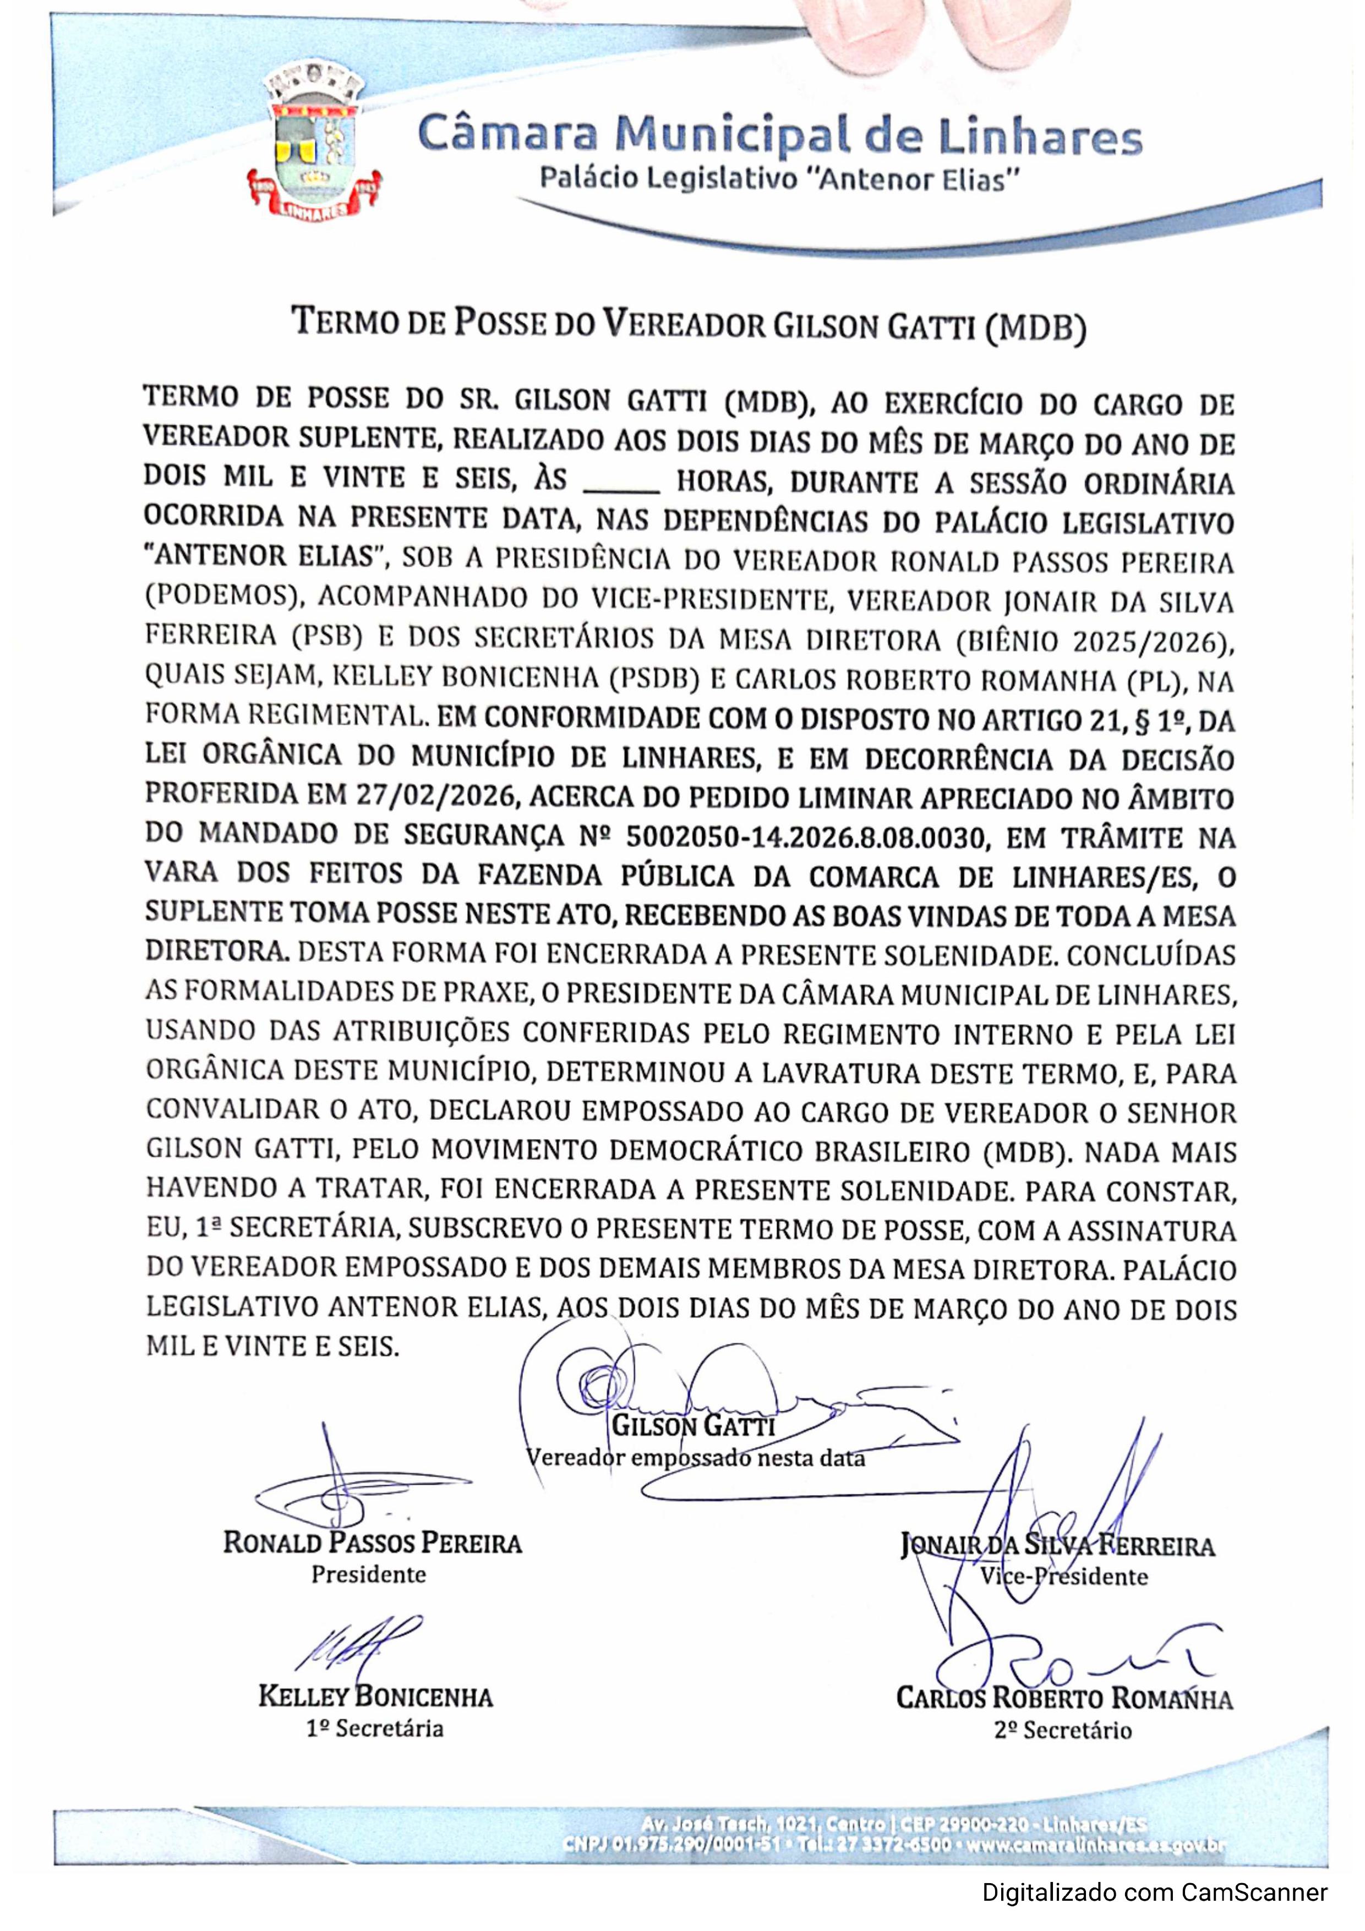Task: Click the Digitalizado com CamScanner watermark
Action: point(1155,1893)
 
